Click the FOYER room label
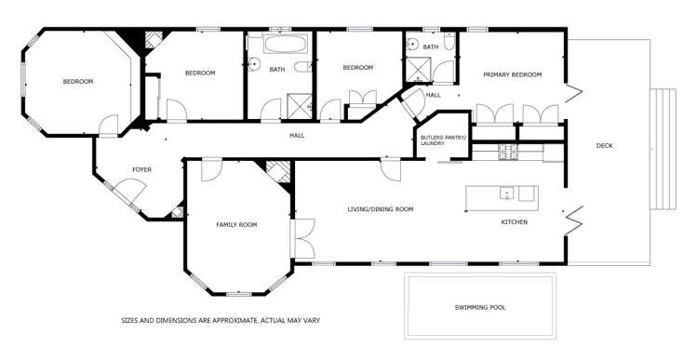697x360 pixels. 141,169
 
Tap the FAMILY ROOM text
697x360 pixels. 236,224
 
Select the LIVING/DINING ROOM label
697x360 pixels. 380,209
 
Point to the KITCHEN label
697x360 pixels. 515,222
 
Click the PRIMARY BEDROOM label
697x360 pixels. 511,74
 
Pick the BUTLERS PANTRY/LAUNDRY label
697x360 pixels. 442,140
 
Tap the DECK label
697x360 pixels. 605,145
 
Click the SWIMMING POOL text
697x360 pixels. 479,307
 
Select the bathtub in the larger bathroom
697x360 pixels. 279,45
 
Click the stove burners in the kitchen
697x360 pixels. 508,151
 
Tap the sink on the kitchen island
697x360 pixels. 507,193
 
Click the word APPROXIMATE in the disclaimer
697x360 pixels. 221,321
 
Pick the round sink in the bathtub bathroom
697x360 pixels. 253,65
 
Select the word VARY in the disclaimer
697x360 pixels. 312,321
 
